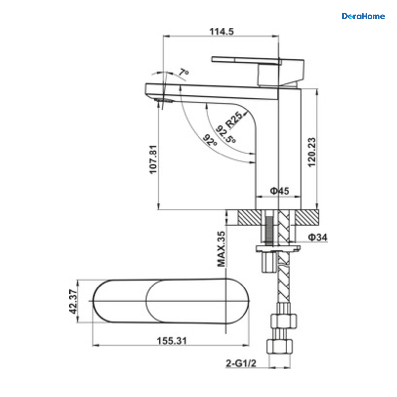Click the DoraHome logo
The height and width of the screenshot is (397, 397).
[x=363, y=16]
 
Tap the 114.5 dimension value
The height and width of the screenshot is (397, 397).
[x=222, y=31]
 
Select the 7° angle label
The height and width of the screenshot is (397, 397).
[x=184, y=73]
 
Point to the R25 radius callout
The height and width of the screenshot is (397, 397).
[x=234, y=120]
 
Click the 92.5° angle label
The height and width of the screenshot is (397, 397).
[x=226, y=134]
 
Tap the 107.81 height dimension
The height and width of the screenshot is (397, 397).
[x=153, y=160]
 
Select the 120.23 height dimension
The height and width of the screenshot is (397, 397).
[x=311, y=152]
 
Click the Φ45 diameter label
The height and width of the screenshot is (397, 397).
[x=280, y=191]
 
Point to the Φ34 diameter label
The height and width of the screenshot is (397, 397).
[x=318, y=237]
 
